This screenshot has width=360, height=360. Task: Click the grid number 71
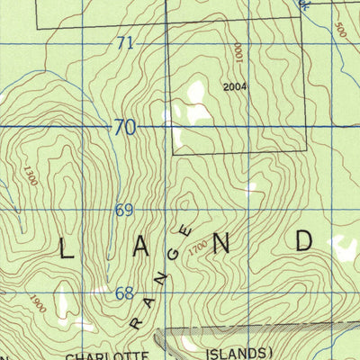point(125,43)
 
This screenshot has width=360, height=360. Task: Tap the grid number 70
point(125,128)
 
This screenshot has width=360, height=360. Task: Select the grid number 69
point(124,211)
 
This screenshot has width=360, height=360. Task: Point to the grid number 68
point(124,293)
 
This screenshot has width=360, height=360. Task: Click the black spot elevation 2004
point(234,87)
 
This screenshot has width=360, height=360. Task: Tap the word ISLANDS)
point(238,353)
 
